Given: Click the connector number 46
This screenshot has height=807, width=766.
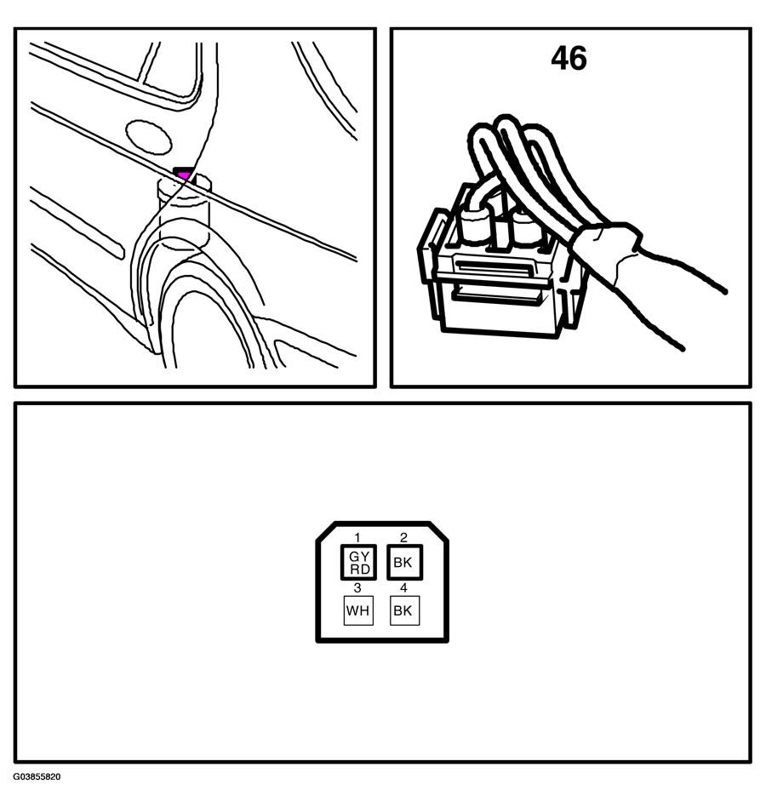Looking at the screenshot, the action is click(569, 58).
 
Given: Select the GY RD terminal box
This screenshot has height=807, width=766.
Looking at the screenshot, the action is click(358, 562).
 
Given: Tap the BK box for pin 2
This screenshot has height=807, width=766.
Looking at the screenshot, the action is click(405, 562).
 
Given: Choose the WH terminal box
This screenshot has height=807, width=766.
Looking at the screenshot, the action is click(358, 610).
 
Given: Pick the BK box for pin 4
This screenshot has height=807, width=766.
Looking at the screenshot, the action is click(404, 610).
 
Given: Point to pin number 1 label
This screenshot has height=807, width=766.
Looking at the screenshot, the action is click(357, 538).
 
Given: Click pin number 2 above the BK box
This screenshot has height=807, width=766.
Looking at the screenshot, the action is click(403, 538).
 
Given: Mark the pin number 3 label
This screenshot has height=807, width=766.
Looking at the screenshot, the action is click(357, 587).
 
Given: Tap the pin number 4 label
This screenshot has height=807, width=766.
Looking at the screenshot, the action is click(403, 587).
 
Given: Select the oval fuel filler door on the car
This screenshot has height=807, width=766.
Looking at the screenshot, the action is click(149, 137).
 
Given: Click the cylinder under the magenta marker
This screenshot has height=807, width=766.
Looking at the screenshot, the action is click(184, 211).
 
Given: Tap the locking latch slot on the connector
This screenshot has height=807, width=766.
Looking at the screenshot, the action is click(493, 266).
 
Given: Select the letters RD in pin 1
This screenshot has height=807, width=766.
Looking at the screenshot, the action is click(359, 569).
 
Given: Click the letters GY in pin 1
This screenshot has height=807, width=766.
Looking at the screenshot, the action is click(359, 557).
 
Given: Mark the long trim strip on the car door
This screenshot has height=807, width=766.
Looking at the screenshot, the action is click(77, 222).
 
